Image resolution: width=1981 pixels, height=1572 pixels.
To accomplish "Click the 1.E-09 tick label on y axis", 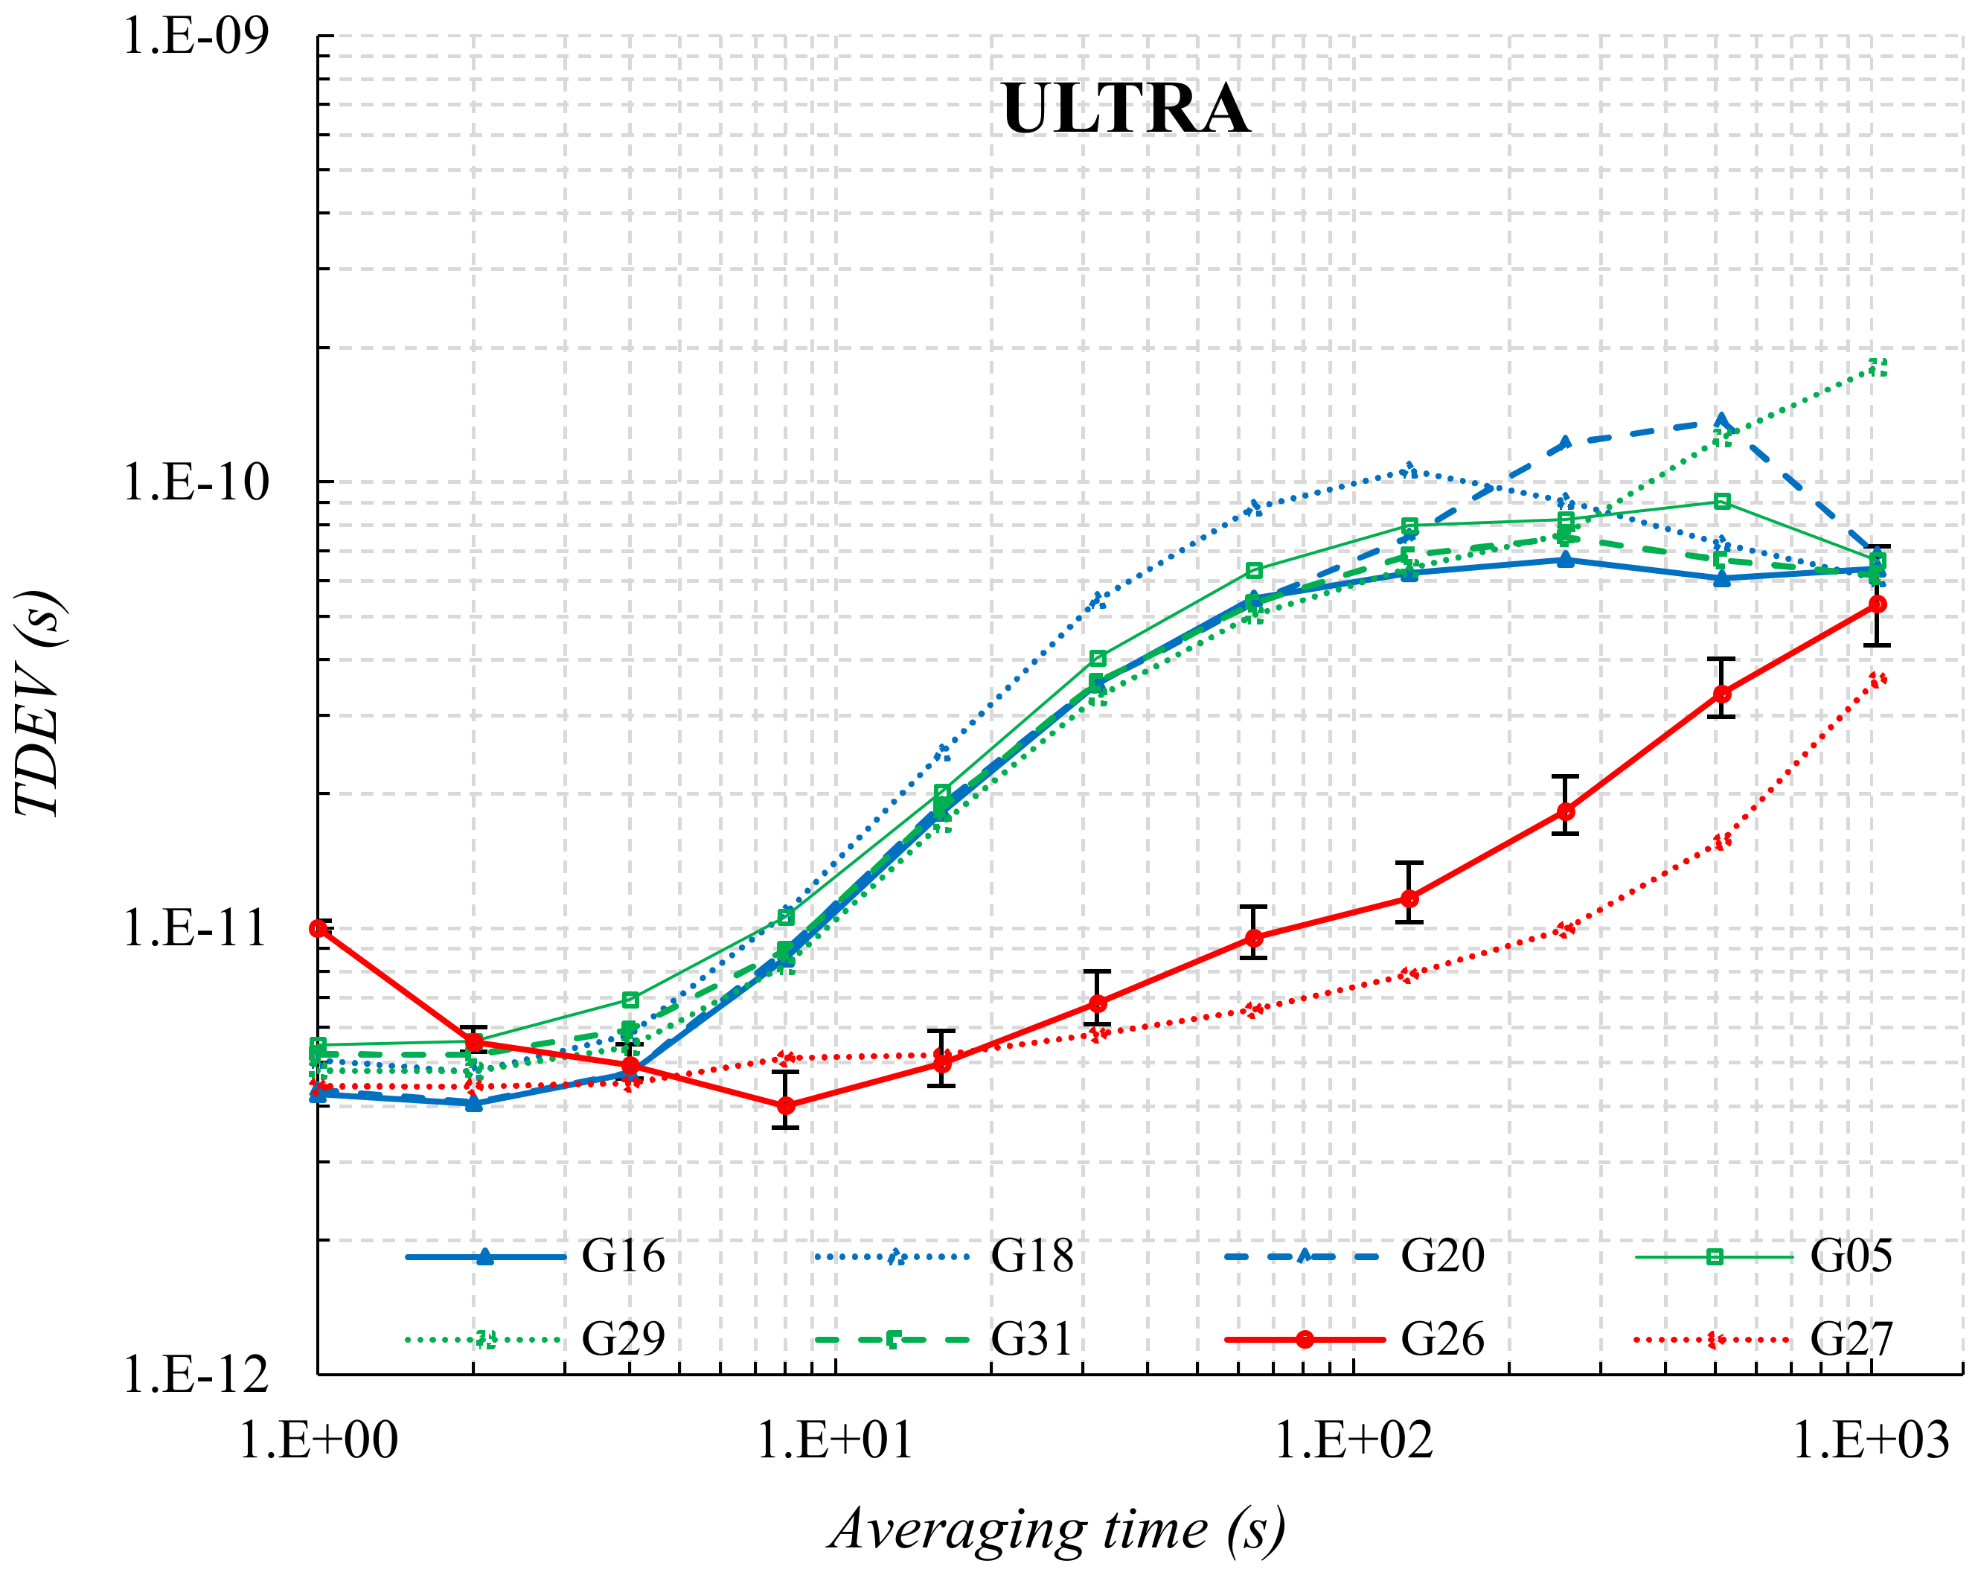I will pyautogui.click(x=196, y=36).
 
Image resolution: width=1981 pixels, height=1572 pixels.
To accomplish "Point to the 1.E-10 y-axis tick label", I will pyautogui.click(x=196, y=482).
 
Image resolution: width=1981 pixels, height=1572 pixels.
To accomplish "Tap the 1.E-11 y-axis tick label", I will pyautogui.click(x=196, y=928).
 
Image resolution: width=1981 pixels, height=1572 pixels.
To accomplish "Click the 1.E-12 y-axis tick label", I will pyautogui.click(x=196, y=1375).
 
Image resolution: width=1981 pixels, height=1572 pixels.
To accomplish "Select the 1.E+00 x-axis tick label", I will pyautogui.click(x=318, y=1440).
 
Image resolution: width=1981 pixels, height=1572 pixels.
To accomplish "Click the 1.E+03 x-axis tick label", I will pyautogui.click(x=1871, y=1440).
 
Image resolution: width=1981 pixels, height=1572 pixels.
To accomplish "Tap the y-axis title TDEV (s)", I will pyautogui.click(x=39, y=703).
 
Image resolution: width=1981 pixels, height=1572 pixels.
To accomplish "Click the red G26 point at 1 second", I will pyautogui.click(x=319, y=929).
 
